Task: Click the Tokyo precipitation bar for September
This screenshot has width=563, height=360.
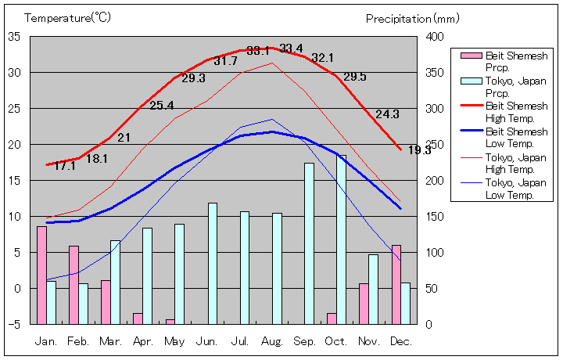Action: [309, 243]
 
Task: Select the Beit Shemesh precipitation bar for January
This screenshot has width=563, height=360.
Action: [41, 275]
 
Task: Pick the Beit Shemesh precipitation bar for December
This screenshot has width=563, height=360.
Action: [396, 284]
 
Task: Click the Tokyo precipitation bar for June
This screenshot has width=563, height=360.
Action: [212, 263]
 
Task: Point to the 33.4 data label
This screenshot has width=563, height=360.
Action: [291, 49]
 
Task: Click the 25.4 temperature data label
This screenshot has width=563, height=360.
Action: [161, 106]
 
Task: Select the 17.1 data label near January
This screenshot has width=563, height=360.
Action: [65, 165]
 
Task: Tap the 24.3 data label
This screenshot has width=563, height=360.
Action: [387, 113]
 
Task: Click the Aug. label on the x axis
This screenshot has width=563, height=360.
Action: [272, 340]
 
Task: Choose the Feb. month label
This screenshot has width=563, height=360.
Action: [79, 340]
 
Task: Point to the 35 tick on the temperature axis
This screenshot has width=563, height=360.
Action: [15, 36]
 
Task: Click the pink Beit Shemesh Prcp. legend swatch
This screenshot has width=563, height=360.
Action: [471, 56]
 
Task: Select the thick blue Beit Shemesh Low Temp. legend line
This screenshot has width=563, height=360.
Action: [471, 131]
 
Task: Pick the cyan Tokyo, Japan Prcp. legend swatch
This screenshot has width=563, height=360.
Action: [471, 81]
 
